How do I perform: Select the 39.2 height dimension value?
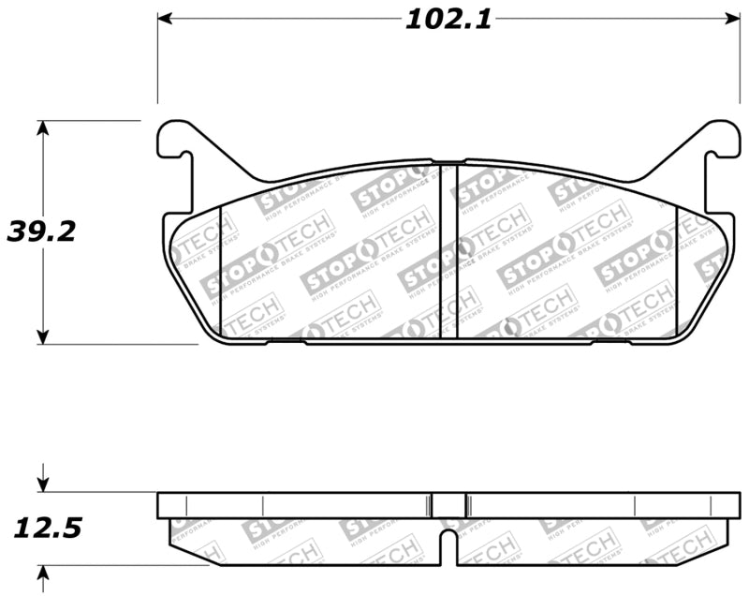(41, 231)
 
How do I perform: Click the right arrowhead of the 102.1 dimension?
(731, 19)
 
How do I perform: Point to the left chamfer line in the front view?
(220, 272)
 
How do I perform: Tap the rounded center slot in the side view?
(448, 542)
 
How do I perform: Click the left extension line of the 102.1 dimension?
(157, 66)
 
